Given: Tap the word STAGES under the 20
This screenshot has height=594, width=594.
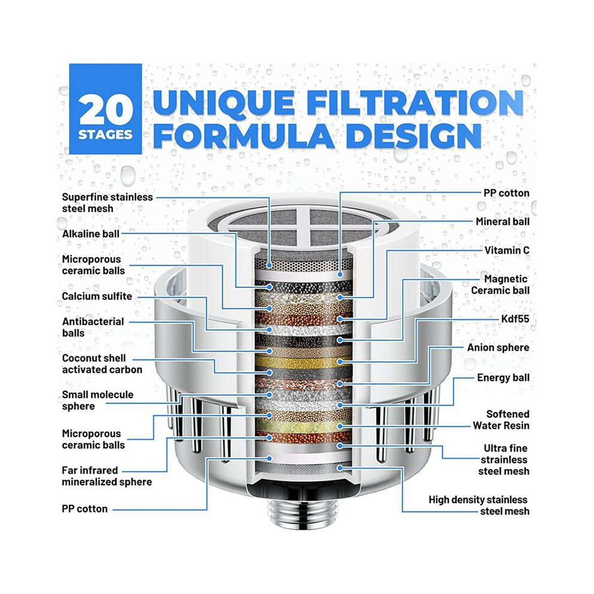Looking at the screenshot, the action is (106, 135).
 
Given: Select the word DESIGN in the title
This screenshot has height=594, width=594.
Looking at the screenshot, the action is (413, 135).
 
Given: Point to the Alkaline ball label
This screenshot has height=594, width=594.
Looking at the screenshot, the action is (91, 234).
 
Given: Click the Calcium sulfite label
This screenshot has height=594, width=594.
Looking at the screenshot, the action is (97, 296).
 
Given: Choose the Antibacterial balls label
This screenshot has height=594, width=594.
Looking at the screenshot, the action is (93, 327).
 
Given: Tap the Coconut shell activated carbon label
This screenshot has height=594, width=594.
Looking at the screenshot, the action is (102, 364).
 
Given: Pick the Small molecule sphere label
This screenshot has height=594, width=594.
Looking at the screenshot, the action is (97, 400).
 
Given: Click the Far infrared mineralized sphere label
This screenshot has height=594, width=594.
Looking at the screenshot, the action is (107, 476).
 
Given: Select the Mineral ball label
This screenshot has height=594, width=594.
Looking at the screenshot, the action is (502, 221).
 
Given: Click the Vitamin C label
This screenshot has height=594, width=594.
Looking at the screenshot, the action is (507, 250).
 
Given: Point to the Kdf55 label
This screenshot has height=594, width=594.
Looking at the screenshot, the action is (515, 319).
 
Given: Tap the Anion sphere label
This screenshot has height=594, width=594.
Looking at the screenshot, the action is (498, 347).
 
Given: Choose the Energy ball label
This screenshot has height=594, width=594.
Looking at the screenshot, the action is (503, 377).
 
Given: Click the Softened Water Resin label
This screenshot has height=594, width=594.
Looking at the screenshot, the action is (501, 420).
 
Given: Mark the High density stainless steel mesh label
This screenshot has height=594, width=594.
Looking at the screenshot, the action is (479, 505).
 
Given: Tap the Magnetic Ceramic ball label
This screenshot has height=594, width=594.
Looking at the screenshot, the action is (500, 284).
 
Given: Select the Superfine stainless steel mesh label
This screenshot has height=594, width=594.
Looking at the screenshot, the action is (107, 203).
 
